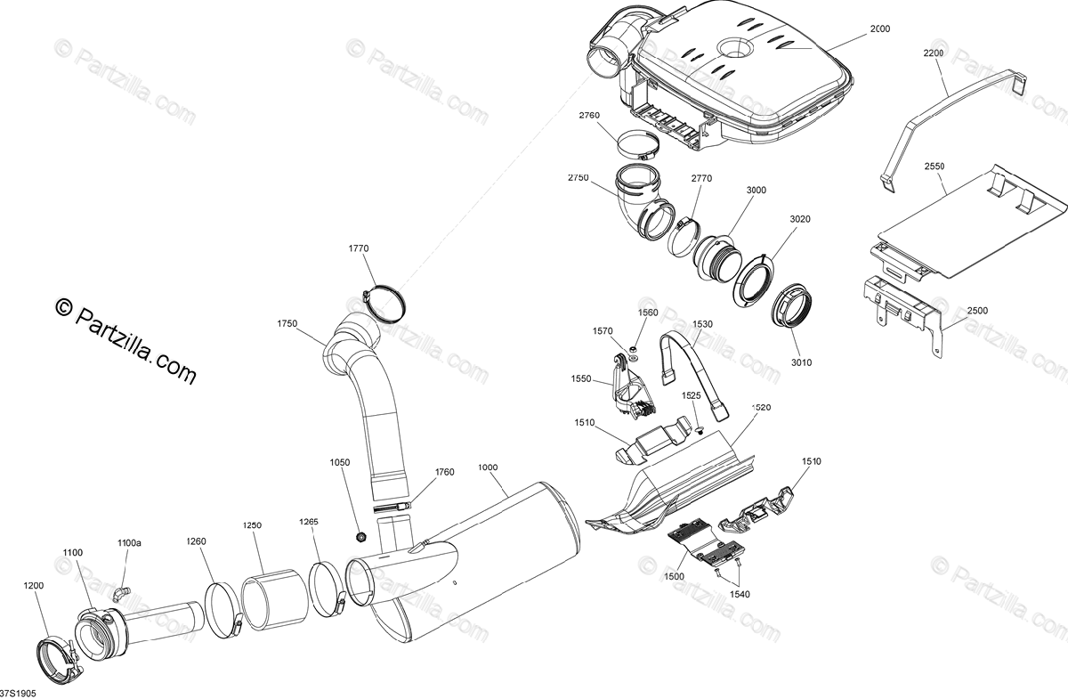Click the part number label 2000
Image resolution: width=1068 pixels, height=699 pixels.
click(879, 29)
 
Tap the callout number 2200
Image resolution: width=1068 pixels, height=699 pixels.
click(934, 54)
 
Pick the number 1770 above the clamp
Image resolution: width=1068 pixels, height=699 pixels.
click(359, 248)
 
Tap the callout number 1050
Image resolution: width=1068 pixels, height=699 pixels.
click(340, 463)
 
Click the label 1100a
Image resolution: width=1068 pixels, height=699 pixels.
click(130, 542)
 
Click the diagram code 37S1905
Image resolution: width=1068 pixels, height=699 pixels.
click(17, 691)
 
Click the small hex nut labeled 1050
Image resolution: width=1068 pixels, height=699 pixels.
click(361, 536)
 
